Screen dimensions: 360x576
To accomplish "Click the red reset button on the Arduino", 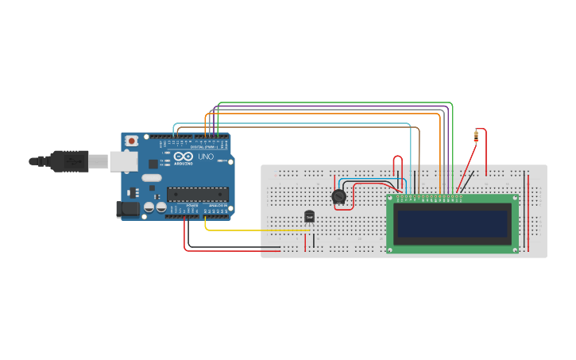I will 130,141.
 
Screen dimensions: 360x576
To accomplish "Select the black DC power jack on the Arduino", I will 127,209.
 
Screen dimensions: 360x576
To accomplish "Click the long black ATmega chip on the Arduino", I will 197,193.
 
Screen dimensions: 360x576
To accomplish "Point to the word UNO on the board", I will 206,157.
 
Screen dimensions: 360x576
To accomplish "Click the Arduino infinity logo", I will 184,157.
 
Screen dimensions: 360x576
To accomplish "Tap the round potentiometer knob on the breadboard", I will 338,196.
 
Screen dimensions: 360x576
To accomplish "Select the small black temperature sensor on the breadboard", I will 309,215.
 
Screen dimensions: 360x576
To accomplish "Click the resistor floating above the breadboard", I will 476,135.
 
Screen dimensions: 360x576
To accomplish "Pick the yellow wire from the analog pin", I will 254,230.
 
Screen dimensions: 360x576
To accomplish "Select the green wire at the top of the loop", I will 334,103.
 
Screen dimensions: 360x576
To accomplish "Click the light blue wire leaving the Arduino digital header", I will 294,123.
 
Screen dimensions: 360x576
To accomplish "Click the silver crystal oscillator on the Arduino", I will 153,177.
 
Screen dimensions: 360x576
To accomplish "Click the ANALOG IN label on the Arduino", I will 216,206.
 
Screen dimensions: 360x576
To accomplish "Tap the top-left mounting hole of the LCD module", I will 390,199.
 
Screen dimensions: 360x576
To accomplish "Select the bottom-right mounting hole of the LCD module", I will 515,250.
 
